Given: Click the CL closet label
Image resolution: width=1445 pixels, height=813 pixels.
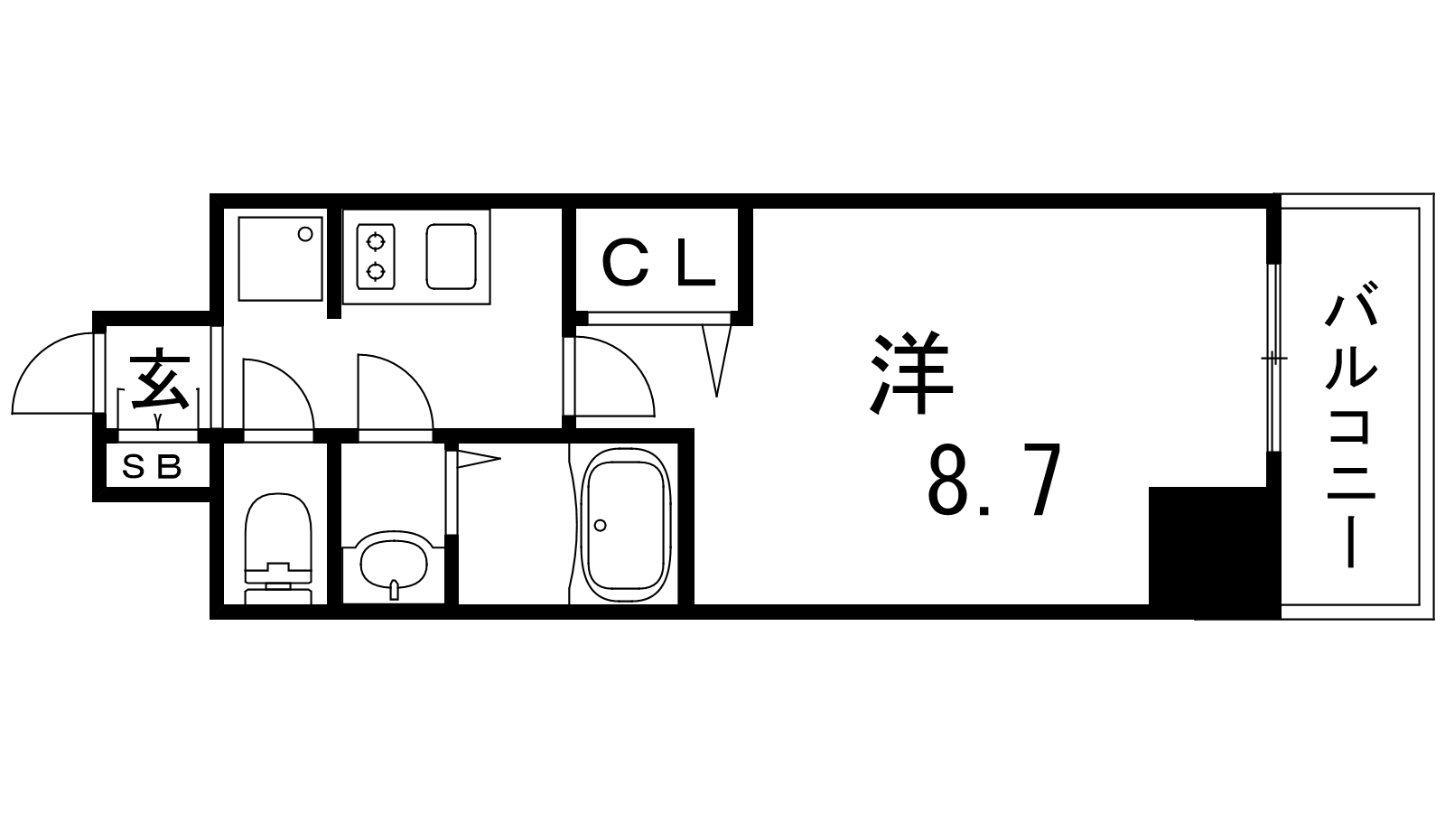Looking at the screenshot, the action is [658, 263].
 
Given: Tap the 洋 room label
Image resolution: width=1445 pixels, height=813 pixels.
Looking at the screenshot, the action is [911, 373].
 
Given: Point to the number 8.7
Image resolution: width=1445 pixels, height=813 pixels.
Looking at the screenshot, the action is [994, 481].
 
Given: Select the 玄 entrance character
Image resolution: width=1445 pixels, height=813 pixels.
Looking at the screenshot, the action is [160, 381].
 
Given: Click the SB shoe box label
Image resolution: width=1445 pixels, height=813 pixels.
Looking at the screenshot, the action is [153, 467].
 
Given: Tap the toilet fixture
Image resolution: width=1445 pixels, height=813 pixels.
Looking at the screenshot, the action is [278, 548].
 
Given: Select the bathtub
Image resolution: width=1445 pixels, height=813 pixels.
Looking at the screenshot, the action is [623, 525].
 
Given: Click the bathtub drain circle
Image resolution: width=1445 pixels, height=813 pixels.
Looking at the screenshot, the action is [601, 525].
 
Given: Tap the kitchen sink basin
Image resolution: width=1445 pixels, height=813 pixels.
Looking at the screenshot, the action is [451, 257].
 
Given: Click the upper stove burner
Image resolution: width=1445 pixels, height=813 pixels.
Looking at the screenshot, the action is [376, 243].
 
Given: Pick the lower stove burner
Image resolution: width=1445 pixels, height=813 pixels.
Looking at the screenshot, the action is [376, 272].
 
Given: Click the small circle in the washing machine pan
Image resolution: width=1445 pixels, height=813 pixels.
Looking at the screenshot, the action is [305, 234].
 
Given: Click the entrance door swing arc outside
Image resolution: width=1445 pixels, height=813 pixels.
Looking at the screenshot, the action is [40, 355].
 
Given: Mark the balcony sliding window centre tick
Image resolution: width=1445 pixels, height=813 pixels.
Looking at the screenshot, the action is [1273, 358].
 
